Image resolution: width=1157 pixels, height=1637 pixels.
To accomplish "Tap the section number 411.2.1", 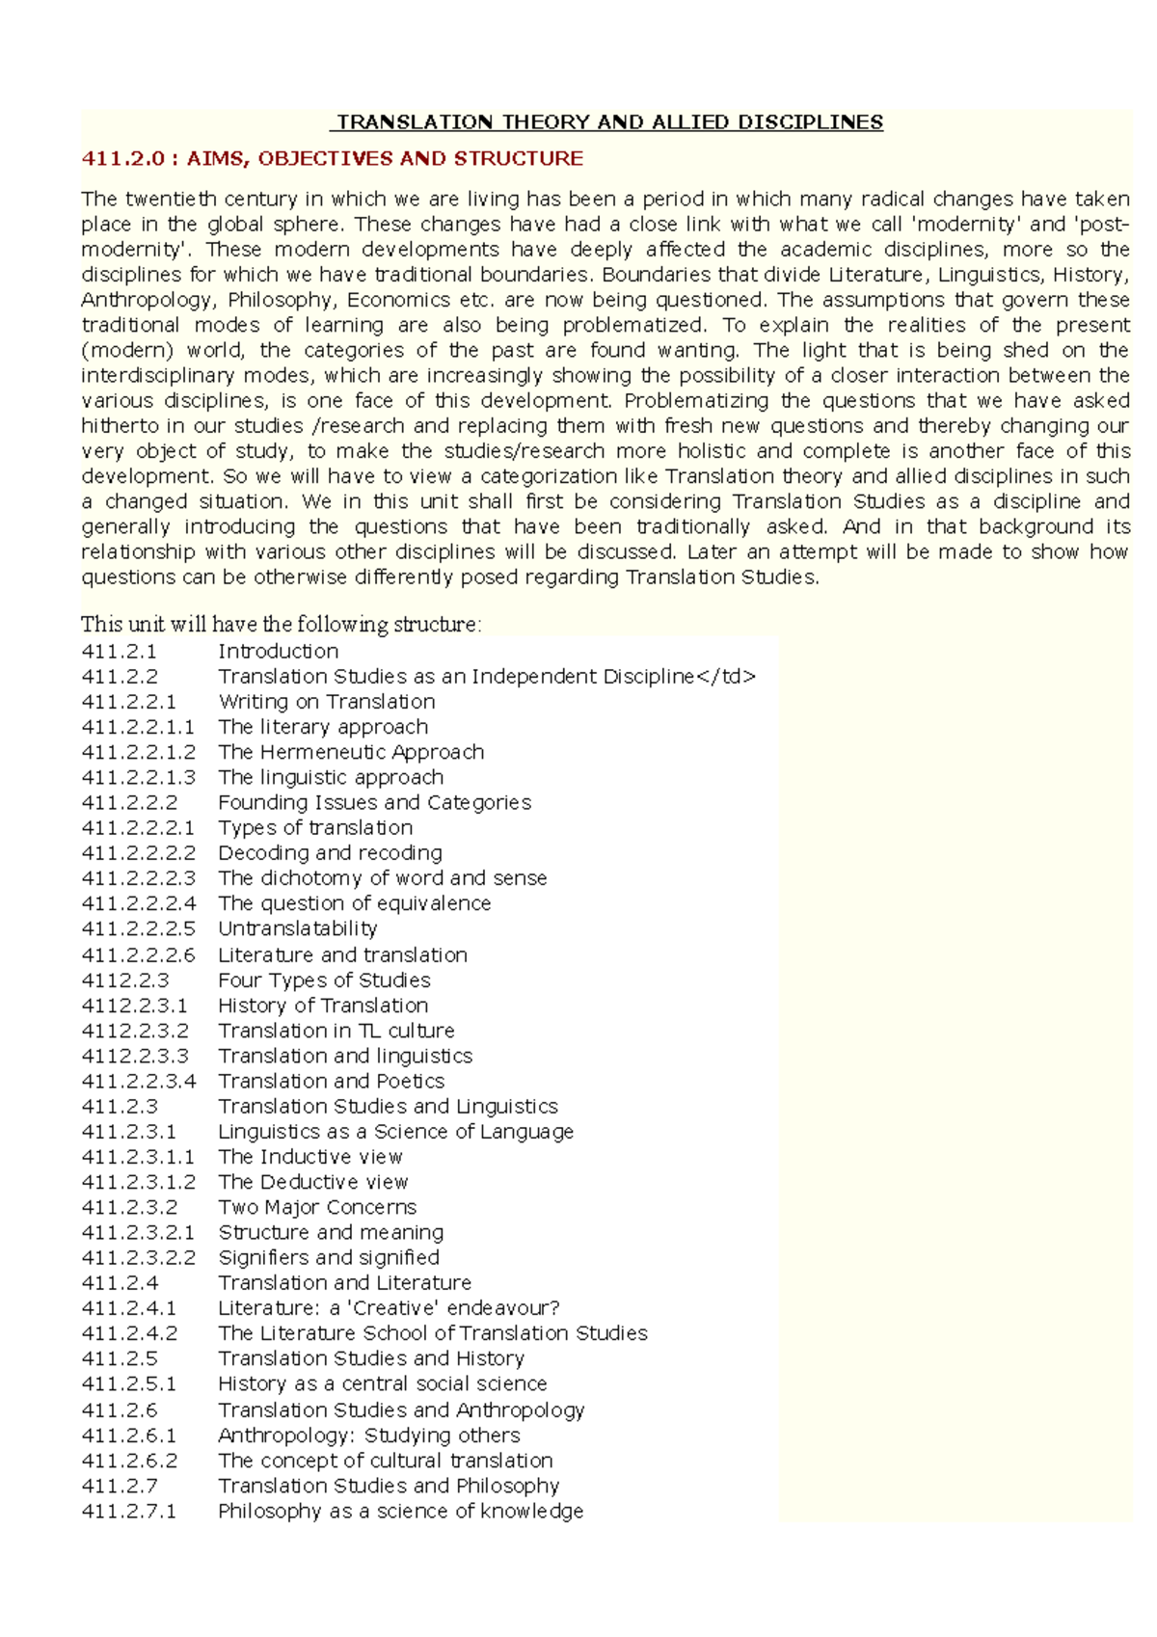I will (120, 652).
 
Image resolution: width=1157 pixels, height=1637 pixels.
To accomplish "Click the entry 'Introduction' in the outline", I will (279, 652).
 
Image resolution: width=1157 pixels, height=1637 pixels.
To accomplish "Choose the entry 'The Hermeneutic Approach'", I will (351, 752).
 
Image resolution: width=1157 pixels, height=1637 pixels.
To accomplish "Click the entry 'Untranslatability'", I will (298, 928).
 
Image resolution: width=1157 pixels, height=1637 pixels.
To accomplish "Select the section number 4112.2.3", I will (125, 980).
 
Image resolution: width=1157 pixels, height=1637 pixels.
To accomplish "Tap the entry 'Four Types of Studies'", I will (324, 980).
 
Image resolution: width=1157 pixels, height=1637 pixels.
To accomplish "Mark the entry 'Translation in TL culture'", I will (336, 1031).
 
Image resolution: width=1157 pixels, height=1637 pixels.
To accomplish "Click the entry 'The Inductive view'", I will (310, 1157).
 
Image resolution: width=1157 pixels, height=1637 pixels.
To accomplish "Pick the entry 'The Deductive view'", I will (313, 1182).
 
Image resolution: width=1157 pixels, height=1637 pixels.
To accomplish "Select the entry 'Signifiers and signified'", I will (329, 1257).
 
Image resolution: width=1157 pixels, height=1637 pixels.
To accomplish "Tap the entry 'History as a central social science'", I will (383, 1383).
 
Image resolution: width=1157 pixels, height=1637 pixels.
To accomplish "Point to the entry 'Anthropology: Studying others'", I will (369, 1436).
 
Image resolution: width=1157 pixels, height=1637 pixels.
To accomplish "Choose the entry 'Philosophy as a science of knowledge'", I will (401, 1512).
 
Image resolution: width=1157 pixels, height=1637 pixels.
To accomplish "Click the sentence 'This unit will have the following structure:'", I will (281, 625).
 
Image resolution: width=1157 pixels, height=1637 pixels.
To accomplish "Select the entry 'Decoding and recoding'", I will (331, 853).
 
